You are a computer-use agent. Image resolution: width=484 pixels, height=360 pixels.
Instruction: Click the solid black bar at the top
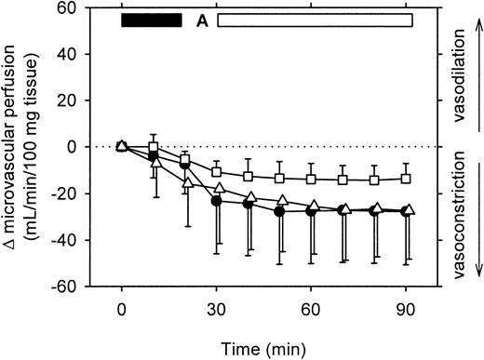[152, 20]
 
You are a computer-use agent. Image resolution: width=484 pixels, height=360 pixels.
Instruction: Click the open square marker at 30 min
[217, 171]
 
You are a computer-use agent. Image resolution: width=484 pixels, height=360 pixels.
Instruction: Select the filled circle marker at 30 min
[217, 201]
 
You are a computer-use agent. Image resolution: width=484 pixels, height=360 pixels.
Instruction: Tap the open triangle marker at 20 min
[185, 182]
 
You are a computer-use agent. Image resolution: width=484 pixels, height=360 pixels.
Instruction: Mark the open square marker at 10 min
[154, 148]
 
